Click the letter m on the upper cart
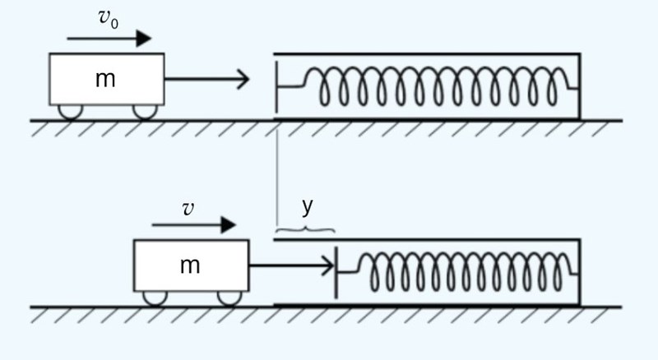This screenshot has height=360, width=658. coord(105,79)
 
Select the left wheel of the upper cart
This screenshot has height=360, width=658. coord(69,111)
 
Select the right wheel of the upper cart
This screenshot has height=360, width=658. coord(145,111)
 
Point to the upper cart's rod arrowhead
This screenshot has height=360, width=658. coord(243,80)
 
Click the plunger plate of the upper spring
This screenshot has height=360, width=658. coord(277,86)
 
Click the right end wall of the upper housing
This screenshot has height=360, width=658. coord(581,86)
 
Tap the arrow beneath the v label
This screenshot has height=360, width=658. coord(193,225)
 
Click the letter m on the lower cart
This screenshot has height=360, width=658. coord(190,265)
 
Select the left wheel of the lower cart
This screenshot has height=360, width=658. coord(155,298)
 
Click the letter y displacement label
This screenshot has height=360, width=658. coord(308,205)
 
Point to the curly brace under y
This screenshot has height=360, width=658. coord(304,229)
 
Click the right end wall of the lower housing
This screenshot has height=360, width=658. coord(581,272)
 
